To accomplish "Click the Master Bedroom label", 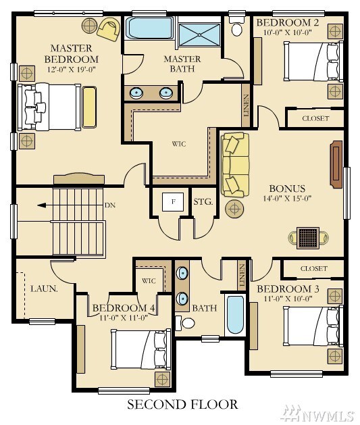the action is [x=72, y=54].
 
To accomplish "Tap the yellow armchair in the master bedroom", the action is [x=109, y=29].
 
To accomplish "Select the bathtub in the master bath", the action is [x=150, y=28].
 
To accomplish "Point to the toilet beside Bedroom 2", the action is [x=237, y=26].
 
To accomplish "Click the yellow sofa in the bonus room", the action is [x=235, y=165].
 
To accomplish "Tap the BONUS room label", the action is [x=287, y=189].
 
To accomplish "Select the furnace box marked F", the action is [x=173, y=201].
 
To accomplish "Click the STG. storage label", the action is [x=203, y=201].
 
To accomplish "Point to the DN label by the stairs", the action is [x=110, y=205].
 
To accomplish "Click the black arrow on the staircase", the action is [x=45, y=205].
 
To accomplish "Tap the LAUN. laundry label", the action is [x=44, y=289].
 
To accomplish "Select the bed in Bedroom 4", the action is [x=141, y=349].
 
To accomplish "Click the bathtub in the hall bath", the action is [x=235, y=315].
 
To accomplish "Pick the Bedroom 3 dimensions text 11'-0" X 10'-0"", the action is [x=288, y=299].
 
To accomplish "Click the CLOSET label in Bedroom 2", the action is [x=315, y=118].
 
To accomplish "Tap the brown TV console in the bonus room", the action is [x=336, y=164].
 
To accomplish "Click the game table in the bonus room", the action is [x=308, y=238].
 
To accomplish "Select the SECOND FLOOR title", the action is [x=182, y=405].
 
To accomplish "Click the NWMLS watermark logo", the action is [x=318, y=415].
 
